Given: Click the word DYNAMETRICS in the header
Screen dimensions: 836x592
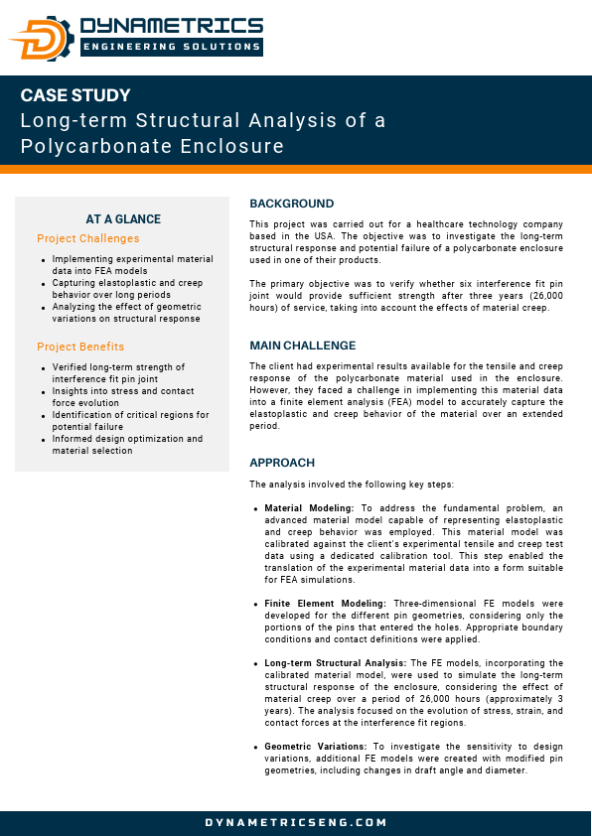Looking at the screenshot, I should click(172, 26).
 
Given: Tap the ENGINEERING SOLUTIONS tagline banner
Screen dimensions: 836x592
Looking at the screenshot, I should click(172, 46).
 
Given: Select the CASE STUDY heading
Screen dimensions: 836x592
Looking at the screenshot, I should click(75, 96).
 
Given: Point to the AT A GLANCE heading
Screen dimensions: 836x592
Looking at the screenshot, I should click(123, 219).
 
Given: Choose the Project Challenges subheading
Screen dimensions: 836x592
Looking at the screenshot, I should click(88, 238).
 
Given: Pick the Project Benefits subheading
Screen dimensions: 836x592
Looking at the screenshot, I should click(80, 347).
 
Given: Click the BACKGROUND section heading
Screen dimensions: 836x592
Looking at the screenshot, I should click(291, 204).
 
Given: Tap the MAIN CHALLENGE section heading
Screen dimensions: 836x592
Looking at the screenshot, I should click(302, 346).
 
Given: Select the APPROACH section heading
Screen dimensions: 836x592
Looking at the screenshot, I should click(282, 463).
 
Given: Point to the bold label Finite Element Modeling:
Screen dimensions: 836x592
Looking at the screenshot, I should click(326, 604).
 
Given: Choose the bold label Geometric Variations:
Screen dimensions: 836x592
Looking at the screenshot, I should click(317, 747).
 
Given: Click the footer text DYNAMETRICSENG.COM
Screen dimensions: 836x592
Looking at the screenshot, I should click(296, 822).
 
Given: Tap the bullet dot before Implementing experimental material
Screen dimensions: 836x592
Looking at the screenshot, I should click(44, 260).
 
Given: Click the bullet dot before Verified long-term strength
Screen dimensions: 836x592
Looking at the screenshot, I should click(44, 368).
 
